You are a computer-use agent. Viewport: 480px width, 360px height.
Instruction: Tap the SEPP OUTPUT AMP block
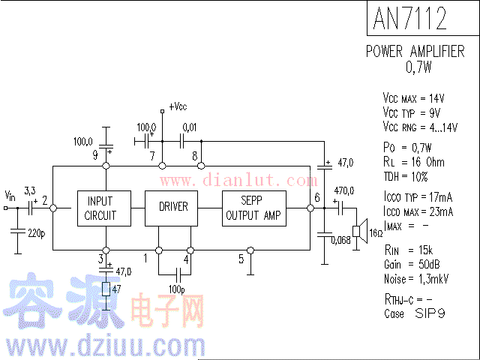(253, 208)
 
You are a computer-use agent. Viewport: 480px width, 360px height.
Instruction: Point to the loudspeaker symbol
(359, 231)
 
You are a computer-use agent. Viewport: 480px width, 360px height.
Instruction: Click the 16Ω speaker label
(376, 233)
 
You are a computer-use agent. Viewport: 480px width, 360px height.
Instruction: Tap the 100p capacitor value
(177, 288)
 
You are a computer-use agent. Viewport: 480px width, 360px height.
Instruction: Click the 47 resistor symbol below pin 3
(106, 289)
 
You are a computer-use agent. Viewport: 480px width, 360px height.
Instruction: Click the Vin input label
(10, 194)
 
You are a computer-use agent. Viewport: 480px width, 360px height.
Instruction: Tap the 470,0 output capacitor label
(343, 190)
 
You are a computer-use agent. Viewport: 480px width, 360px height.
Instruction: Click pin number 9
(95, 155)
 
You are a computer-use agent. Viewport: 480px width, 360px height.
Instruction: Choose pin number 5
(241, 259)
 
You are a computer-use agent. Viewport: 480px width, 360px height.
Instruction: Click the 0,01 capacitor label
(190, 127)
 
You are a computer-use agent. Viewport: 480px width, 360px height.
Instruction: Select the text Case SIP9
(414, 313)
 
